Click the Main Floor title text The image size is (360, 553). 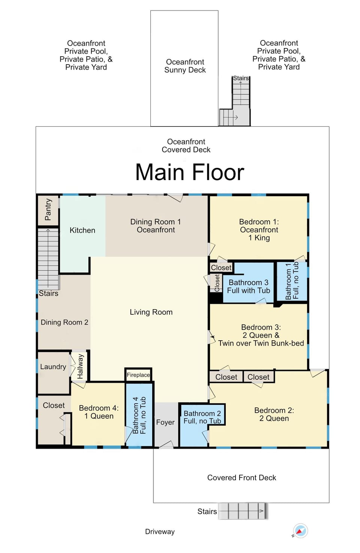click(189, 172)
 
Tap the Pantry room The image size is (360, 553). click(48, 210)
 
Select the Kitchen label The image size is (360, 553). click(82, 230)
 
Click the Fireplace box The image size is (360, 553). click(138, 375)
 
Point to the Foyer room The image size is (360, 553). click(165, 423)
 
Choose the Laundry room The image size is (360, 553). click(53, 367)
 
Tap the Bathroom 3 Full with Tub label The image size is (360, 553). click(248, 286)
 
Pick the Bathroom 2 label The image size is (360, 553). click(202, 417)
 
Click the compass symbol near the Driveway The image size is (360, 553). click(300, 531)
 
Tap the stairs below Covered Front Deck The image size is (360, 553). click(242, 511)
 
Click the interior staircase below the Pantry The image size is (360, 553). click(48, 259)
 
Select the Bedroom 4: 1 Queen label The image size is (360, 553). click(99, 412)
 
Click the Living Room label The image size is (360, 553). click(151, 312)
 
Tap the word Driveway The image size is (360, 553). click(160, 532)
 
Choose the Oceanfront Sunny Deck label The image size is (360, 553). click(185, 66)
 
